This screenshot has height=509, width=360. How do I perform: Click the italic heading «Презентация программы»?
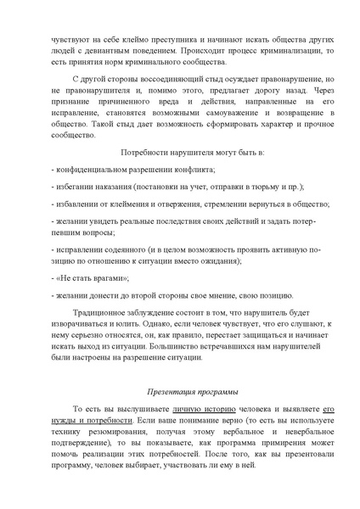(179, 415)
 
